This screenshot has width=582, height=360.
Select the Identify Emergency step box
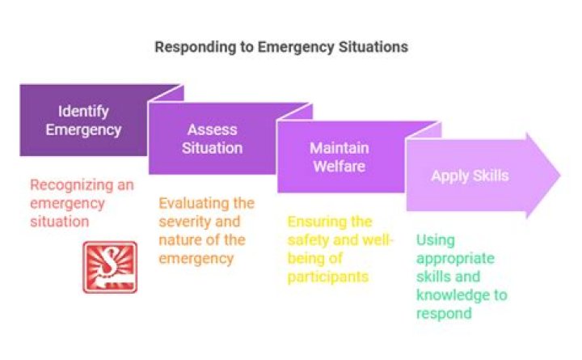tap(83, 121)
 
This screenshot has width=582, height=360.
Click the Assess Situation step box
tap(213, 139)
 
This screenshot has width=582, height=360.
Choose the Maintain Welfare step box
tap(340, 158)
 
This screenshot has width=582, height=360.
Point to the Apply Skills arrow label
tap(470, 176)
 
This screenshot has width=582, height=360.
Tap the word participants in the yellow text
tap(328, 277)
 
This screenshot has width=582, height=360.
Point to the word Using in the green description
tap(436, 240)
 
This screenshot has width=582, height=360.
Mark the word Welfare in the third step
tap(340, 167)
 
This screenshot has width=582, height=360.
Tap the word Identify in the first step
tap(83, 111)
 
